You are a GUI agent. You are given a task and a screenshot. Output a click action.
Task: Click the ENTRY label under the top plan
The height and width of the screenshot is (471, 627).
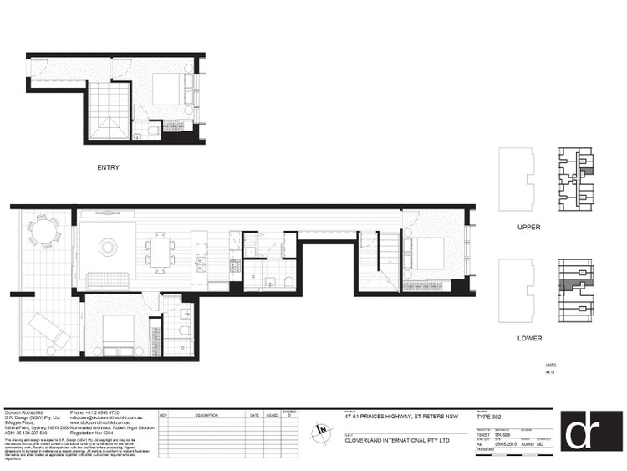[109, 167]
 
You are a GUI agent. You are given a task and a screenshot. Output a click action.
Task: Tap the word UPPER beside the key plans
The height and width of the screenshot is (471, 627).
[529, 227]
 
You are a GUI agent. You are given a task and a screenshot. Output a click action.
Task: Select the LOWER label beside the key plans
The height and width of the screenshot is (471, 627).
[529, 339]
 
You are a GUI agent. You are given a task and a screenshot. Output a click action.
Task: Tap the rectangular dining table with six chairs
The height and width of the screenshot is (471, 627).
[160, 249]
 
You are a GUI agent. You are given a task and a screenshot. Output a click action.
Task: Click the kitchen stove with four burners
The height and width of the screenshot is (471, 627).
[235, 266]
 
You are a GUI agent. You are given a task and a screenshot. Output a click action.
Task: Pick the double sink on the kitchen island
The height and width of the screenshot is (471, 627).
[201, 264]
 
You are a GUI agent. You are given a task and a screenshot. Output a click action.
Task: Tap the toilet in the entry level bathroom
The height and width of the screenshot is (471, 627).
[151, 131]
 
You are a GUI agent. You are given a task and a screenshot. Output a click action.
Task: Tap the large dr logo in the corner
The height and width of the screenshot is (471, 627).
[589, 433]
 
